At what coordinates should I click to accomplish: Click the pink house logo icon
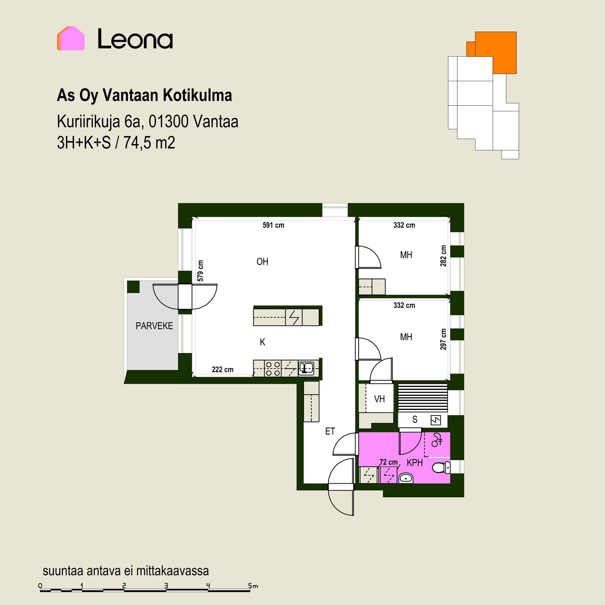71,38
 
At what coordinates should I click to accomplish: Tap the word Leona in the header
135,39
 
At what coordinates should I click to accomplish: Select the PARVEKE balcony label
154,326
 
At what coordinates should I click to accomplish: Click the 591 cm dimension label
273,225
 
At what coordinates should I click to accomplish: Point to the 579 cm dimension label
200,271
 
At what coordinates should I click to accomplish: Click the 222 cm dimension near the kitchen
222,369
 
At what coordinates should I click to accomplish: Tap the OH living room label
262,262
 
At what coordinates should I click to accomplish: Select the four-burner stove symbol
273,369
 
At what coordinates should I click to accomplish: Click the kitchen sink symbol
306,368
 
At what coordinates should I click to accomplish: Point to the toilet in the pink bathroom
441,468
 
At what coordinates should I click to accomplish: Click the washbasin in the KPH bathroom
406,478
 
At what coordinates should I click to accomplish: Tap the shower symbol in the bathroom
437,440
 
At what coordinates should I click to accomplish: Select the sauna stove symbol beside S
436,420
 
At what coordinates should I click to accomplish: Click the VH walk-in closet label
379,399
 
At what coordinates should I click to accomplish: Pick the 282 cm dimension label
443,256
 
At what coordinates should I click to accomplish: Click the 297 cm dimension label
443,339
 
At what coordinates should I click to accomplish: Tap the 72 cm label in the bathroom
389,462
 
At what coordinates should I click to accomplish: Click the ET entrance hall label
330,431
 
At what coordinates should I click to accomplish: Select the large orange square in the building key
496,53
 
